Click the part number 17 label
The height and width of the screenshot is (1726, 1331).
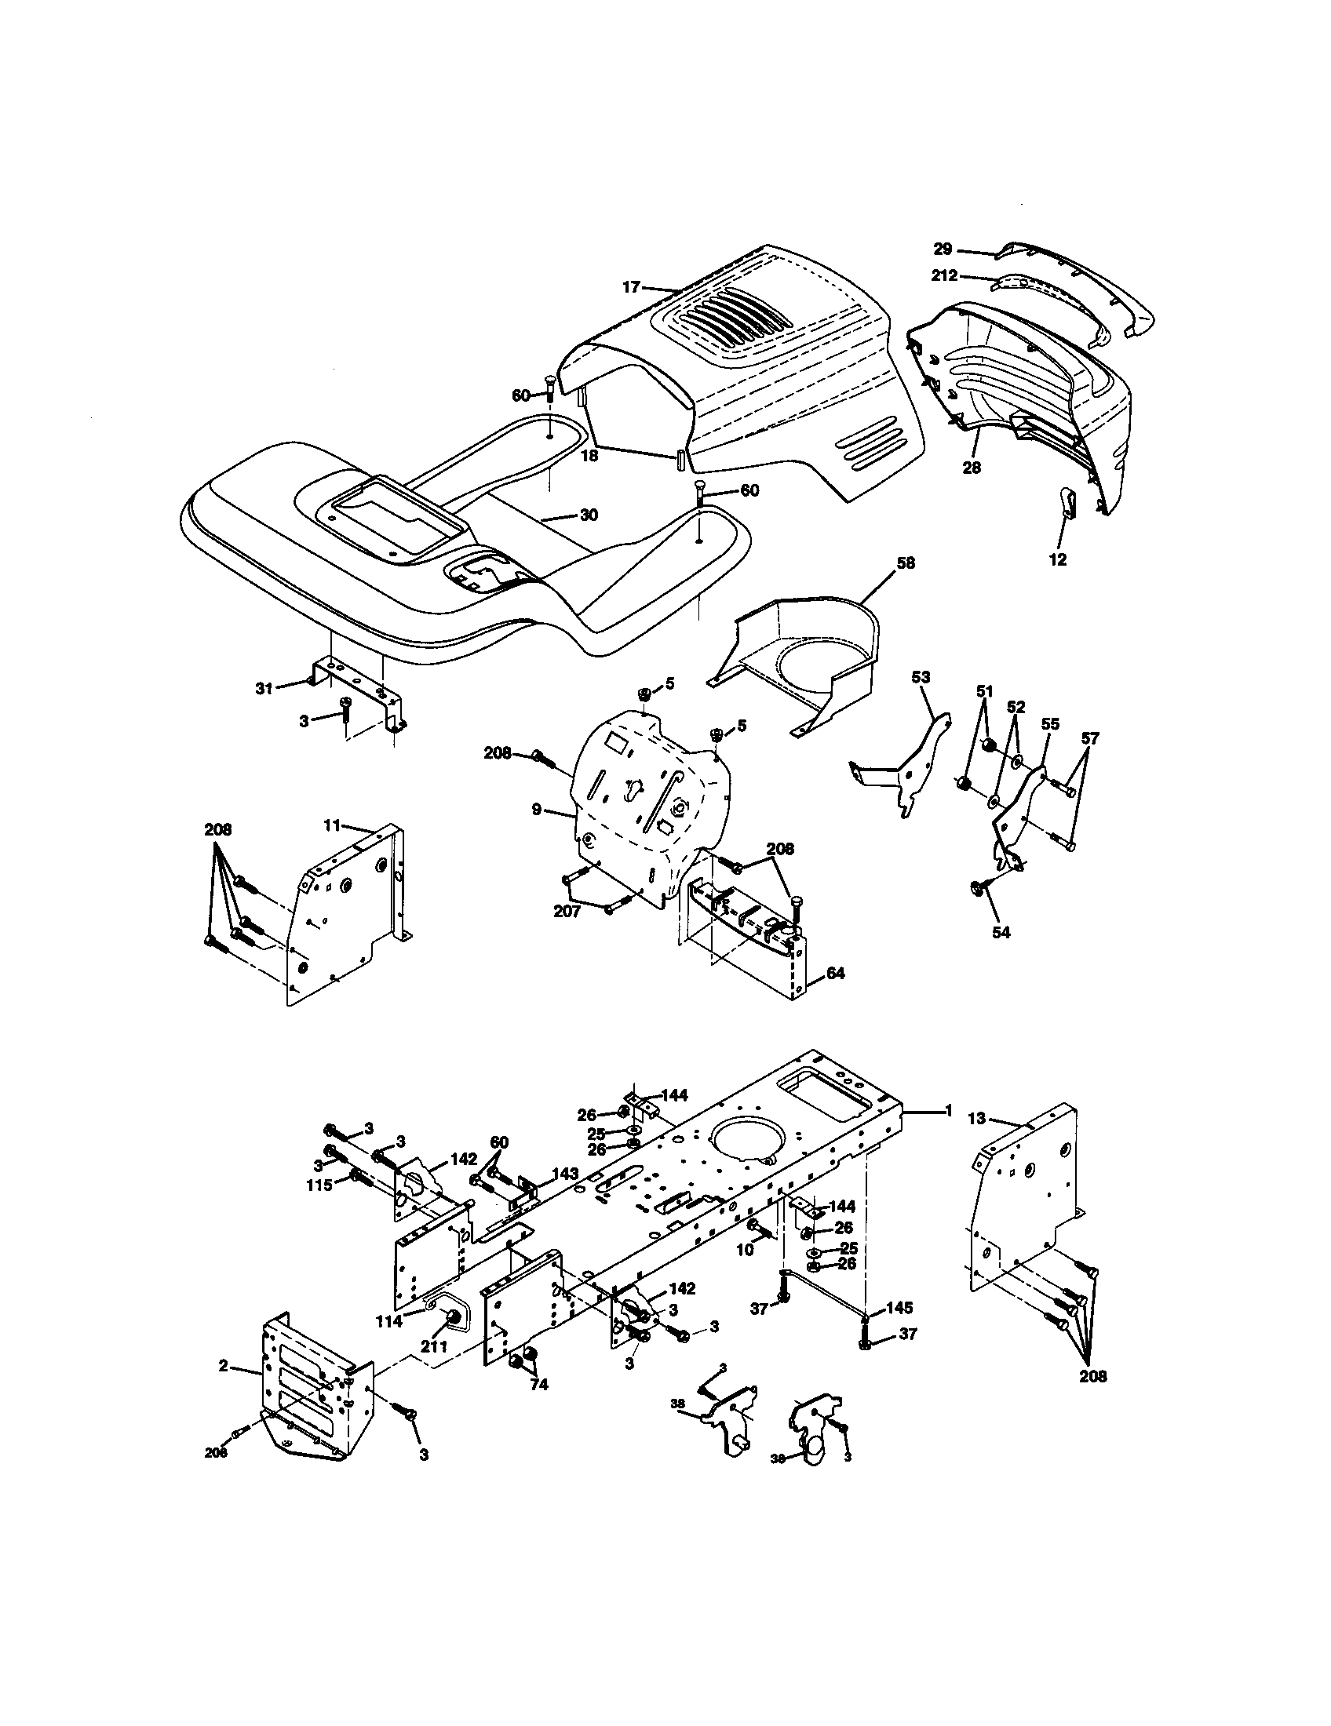click(630, 288)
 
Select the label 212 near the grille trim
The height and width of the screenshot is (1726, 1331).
click(945, 276)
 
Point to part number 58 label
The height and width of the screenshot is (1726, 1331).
click(906, 563)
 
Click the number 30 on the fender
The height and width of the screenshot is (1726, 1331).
click(589, 515)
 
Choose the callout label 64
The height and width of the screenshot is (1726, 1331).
click(836, 974)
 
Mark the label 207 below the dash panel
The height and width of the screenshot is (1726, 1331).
click(567, 912)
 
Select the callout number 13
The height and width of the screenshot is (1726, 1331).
click(978, 1118)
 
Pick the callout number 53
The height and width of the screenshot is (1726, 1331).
click(921, 677)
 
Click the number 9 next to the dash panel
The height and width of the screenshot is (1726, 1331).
click(537, 810)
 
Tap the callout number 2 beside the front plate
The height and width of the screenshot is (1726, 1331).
click(224, 1365)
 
